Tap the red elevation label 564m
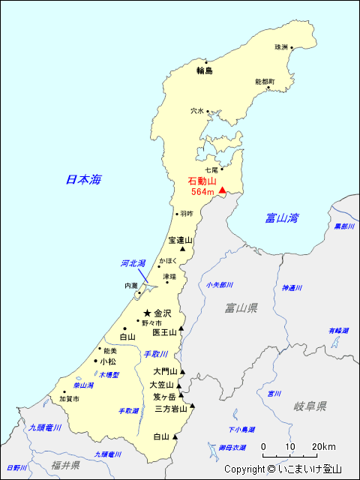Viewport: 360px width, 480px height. point(202,192)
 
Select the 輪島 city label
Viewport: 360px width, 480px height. point(205,71)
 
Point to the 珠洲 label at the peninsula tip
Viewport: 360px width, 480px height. point(281,47)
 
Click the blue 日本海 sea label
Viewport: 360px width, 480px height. point(83,179)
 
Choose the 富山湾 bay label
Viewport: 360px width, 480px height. point(282,218)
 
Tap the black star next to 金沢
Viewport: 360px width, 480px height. point(148,313)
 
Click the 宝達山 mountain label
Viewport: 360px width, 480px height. point(180,240)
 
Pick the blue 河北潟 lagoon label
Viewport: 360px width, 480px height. point(133,263)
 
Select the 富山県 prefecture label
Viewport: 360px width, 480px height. point(241,307)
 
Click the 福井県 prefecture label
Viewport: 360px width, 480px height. point(66,465)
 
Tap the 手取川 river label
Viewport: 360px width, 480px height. point(156,354)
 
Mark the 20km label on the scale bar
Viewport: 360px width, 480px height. point(324,446)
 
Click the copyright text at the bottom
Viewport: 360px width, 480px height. point(283,469)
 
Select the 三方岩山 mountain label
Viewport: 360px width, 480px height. point(171,409)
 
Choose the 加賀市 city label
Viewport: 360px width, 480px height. point(69,400)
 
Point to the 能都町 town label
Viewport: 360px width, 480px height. point(265,81)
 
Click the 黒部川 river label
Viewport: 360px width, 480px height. point(344,226)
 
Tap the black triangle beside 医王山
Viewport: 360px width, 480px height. point(181,328)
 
